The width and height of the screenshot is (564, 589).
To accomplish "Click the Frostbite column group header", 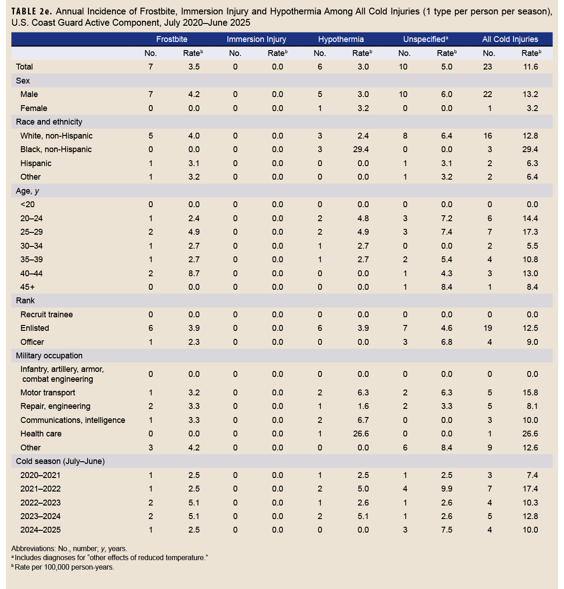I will [x=171, y=39].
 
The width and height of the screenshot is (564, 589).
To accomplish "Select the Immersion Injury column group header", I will [x=256, y=39].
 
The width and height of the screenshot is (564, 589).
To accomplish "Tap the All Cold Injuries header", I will [x=510, y=39].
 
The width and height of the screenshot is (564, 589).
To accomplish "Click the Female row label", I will [x=34, y=108].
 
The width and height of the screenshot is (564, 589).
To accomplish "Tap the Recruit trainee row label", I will [x=46, y=315].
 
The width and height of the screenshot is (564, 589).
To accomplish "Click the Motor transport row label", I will [x=48, y=393].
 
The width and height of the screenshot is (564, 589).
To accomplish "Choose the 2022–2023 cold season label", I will [x=40, y=503].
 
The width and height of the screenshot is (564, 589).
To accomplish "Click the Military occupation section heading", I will [x=49, y=356].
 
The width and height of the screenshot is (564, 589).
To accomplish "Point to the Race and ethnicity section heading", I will [x=49, y=122].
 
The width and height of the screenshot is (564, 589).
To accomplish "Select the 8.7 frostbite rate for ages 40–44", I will [x=194, y=274].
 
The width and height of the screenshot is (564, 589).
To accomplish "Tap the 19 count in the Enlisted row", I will [x=488, y=328].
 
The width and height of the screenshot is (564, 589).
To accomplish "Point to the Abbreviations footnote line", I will [x=69, y=549].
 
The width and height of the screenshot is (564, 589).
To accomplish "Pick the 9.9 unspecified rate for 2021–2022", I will [x=447, y=489].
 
